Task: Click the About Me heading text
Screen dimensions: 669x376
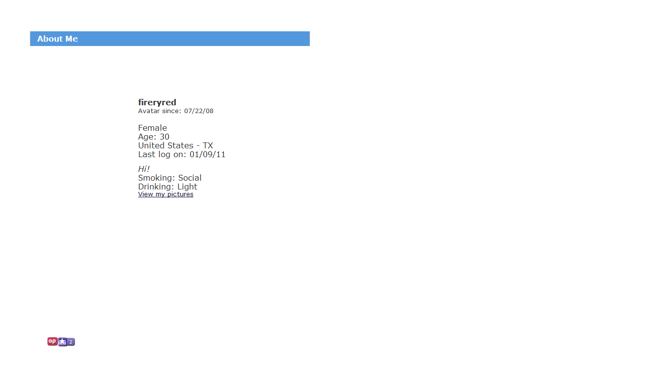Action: coord(57,39)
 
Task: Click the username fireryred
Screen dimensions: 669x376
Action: coord(157,102)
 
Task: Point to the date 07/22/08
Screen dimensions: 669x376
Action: coord(199,111)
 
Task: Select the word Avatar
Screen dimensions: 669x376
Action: coord(149,111)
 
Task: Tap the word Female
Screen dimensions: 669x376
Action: coord(152,128)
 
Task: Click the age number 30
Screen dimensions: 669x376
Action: coord(164,137)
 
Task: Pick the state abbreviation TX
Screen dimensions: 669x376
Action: coord(208,145)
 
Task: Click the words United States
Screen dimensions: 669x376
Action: coord(166,145)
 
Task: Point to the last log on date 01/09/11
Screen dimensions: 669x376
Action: coord(207,154)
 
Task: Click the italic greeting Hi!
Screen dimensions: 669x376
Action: coord(143,169)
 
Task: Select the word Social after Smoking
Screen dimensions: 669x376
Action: coord(190,178)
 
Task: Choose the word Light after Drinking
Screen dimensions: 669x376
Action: coord(187,187)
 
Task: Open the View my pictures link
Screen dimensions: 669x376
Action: coord(166,194)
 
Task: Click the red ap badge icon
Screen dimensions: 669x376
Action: coord(52,341)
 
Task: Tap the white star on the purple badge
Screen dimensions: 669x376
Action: coord(62,341)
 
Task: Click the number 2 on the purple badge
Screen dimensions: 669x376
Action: coord(71,342)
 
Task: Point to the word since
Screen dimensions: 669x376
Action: coord(172,111)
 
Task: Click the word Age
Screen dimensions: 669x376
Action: coord(146,137)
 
